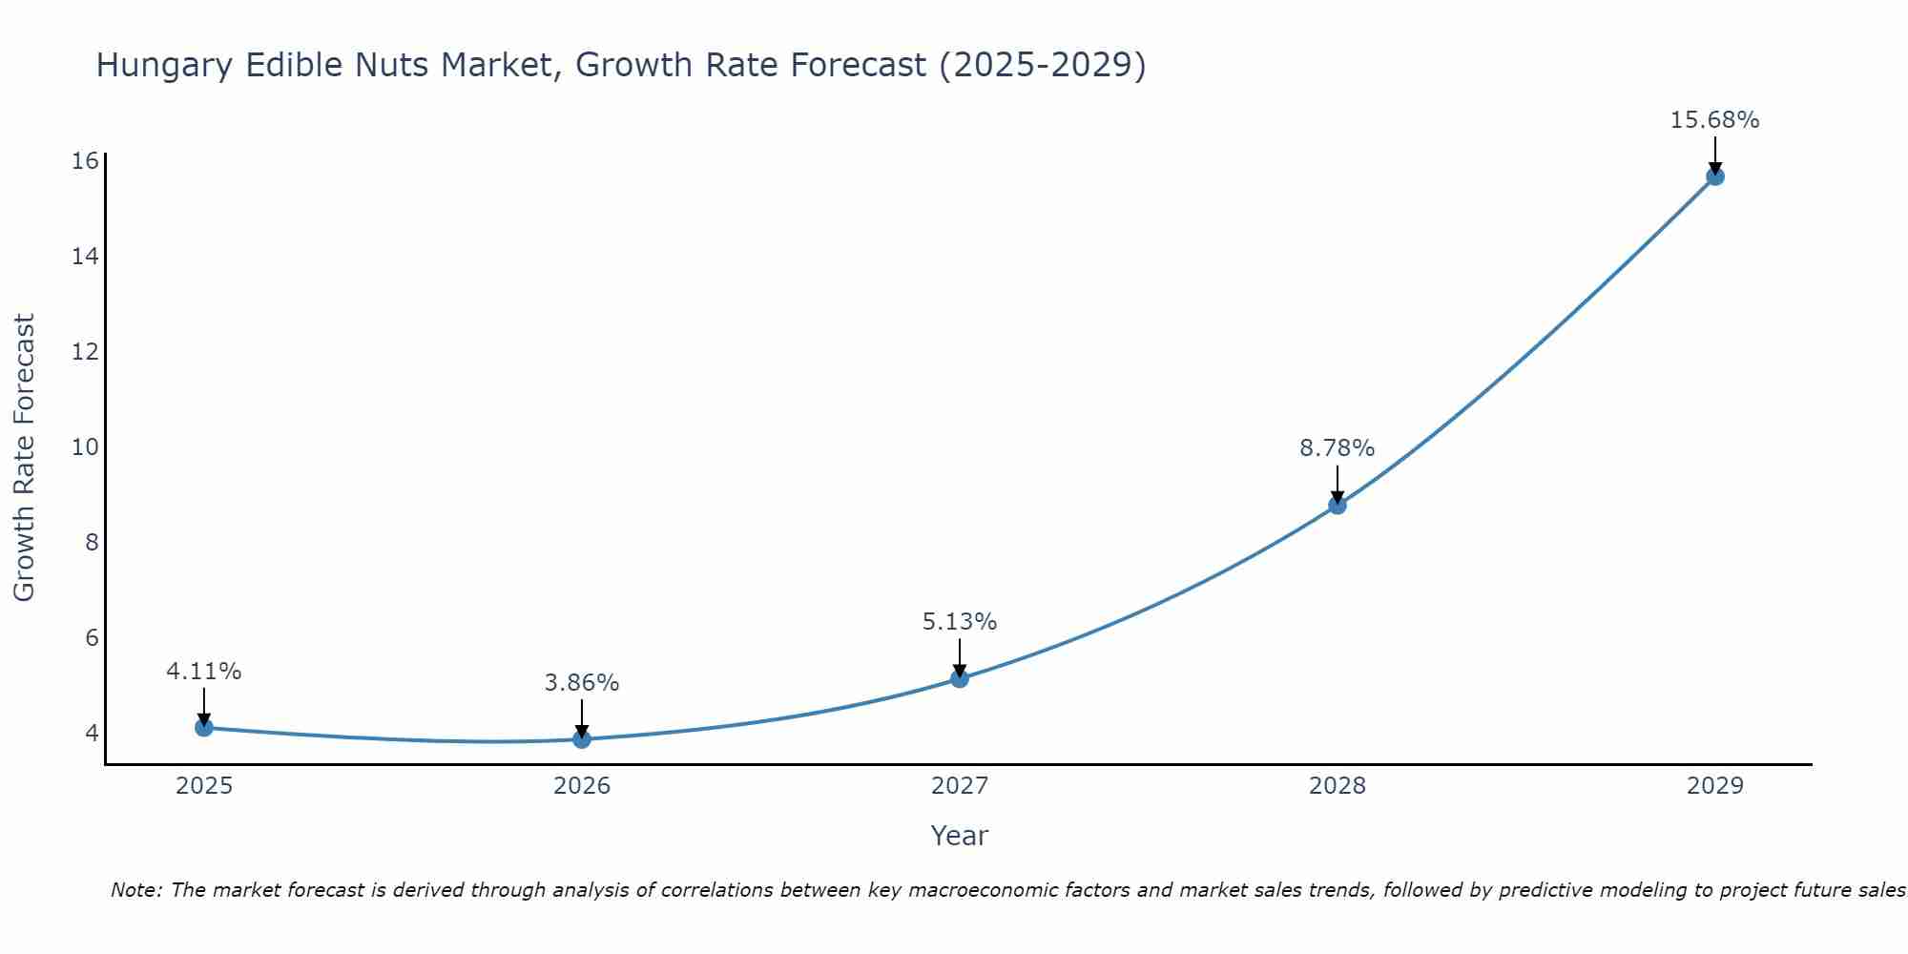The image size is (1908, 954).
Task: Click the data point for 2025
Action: [x=204, y=728]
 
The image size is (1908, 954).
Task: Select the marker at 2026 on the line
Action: [x=582, y=739]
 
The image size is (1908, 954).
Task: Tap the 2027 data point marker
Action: [x=960, y=678]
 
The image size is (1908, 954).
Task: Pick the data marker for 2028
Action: [x=1338, y=505]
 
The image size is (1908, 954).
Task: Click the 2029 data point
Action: [x=1715, y=176]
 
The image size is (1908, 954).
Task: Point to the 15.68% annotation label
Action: [x=1714, y=120]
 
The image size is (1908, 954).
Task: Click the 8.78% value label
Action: [x=1337, y=448]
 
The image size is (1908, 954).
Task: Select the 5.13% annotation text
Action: [x=959, y=622]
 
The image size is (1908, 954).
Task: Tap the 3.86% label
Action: [x=582, y=683]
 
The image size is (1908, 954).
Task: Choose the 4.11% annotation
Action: [x=204, y=672]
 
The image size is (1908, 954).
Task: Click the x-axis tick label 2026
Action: [x=582, y=786]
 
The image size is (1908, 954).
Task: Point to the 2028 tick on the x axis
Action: [x=1338, y=786]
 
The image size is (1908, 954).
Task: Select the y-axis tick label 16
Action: [x=86, y=161]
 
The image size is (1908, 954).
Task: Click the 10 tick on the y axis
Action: [x=86, y=447]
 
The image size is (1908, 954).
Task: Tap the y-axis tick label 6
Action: [x=92, y=638]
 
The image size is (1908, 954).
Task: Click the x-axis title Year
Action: [x=959, y=836]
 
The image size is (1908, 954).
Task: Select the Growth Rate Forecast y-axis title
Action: [x=25, y=458]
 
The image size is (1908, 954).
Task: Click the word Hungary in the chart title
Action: [x=164, y=66]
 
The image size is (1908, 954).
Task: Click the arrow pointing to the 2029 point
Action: [x=1715, y=155]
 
